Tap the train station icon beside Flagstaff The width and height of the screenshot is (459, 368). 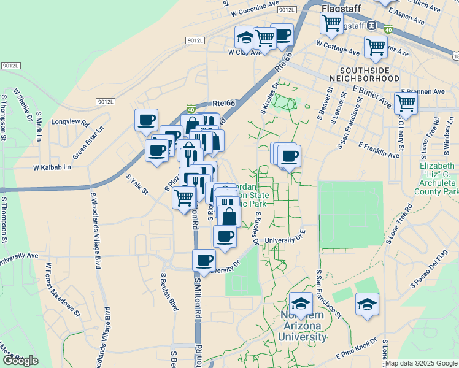click(x=371, y=26)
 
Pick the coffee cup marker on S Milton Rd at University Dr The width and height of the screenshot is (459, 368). click(x=204, y=259)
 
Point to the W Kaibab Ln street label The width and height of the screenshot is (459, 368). click(x=52, y=167)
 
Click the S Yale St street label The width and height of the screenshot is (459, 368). click(x=137, y=185)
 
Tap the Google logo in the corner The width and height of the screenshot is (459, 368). click(x=21, y=361)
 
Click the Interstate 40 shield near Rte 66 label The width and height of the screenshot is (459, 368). click(x=191, y=107)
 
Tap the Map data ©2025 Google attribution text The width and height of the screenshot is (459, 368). click(x=422, y=363)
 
